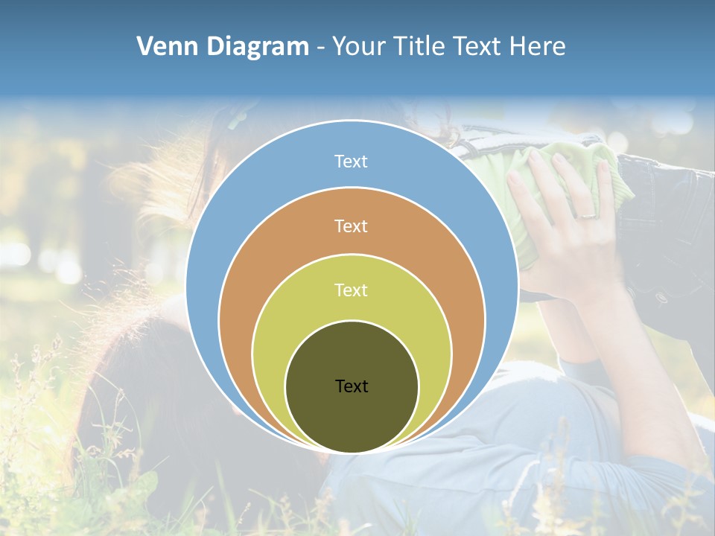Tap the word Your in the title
coord(359,47)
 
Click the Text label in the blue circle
coord(351,162)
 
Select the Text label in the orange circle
coord(351,226)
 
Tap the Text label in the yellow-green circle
coord(351,290)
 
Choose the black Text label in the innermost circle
coord(352,386)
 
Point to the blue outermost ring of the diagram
coord(223,223)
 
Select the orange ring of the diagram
coord(246,298)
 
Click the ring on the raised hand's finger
coord(588,215)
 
